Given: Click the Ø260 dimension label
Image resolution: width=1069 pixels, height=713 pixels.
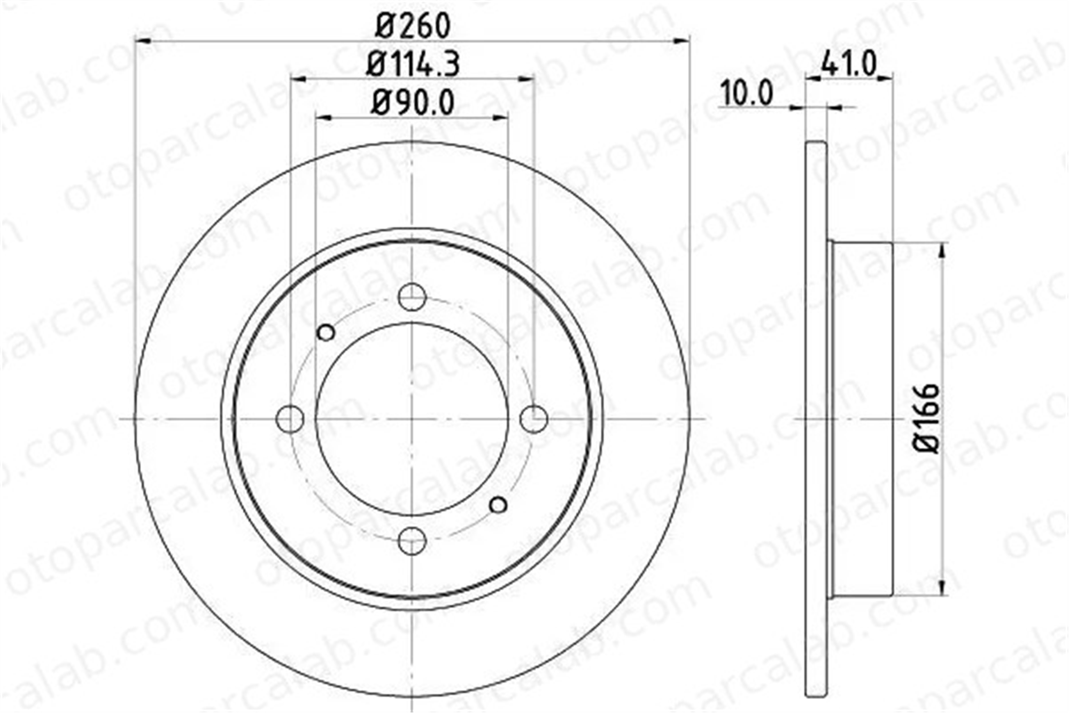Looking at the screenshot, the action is point(413,26).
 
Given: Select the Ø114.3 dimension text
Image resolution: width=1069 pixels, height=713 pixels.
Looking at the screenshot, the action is point(413,64).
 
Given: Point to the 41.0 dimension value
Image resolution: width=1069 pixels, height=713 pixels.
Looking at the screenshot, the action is point(849,64).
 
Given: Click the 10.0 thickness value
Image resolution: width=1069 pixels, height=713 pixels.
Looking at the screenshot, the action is point(746,93).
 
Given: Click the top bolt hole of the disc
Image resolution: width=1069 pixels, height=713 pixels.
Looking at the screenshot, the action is point(413,297).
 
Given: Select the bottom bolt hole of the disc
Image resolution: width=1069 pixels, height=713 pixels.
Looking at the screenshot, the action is point(413,540).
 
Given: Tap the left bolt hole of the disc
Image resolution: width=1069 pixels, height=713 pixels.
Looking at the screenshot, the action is point(290,418).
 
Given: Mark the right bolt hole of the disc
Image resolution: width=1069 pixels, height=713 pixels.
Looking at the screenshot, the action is point(534,418).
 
